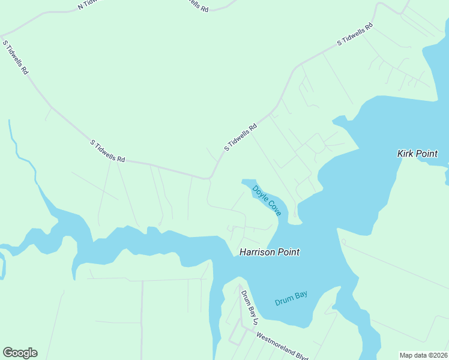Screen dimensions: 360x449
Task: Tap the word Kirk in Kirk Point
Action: click(x=407, y=154)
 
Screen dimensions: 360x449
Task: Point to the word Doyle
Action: click(x=259, y=193)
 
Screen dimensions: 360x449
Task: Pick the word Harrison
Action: click(x=258, y=253)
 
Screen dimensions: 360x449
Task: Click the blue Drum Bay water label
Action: click(x=291, y=298)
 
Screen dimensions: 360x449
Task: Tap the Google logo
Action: click(x=20, y=353)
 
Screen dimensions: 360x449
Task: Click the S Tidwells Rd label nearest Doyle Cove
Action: click(x=241, y=137)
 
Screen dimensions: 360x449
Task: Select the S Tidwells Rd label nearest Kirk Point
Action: click(x=355, y=34)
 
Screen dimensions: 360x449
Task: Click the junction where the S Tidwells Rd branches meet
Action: click(x=208, y=178)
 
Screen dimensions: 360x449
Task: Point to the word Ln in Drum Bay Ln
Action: click(x=254, y=320)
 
